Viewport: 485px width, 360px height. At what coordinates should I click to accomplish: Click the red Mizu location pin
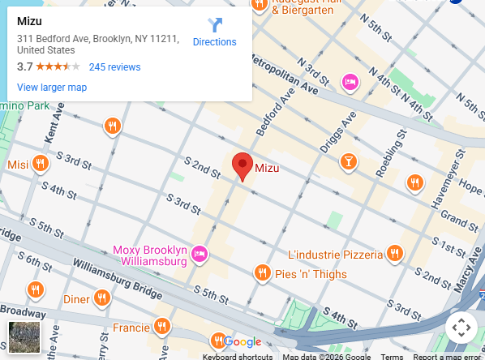[x=242, y=165]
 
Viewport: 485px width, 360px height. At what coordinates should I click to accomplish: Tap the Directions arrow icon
[x=214, y=25]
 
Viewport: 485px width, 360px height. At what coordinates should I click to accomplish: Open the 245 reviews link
[x=114, y=67]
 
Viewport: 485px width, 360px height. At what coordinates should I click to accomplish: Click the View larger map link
[x=52, y=88]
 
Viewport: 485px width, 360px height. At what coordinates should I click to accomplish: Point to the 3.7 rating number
[x=24, y=67]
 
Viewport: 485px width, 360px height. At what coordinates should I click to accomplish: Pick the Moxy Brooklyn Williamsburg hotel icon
[x=200, y=256]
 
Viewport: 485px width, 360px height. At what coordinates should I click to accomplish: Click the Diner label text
[x=76, y=299]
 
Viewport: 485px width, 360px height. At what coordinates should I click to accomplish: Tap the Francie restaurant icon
[x=162, y=327]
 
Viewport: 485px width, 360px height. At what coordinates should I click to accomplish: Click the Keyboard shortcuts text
[x=238, y=357]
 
